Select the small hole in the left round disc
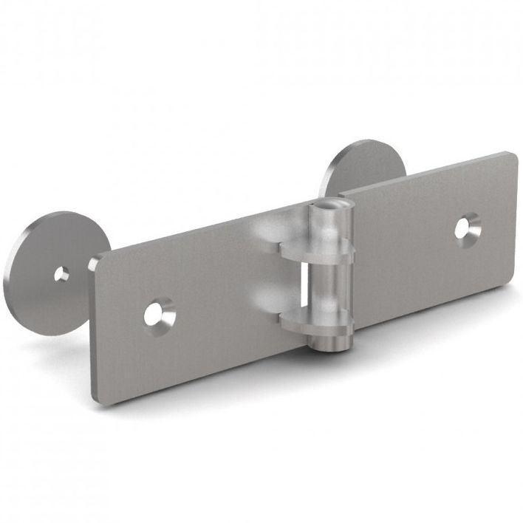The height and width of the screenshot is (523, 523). coord(62,275)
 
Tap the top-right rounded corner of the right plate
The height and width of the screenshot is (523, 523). coord(510,157)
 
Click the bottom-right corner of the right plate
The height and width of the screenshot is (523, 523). coord(513,279)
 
